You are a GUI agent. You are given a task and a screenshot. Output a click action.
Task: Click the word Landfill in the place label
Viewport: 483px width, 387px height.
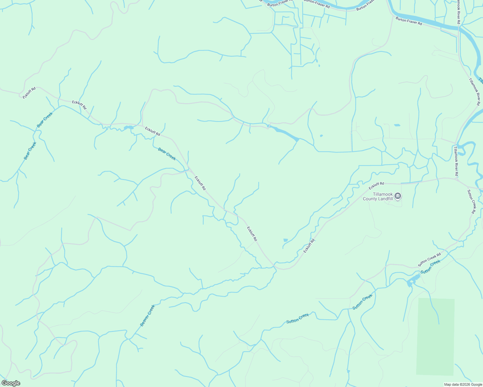tap(384, 199)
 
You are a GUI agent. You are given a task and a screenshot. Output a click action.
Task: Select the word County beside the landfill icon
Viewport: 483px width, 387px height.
tap(370, 199)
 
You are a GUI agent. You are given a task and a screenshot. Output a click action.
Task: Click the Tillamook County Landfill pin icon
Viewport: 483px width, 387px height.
tap(398, 196)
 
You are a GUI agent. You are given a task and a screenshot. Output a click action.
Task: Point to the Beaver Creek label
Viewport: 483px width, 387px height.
tap(147, 315)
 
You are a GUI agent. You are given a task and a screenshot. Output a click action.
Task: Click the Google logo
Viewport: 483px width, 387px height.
tap(11, 383)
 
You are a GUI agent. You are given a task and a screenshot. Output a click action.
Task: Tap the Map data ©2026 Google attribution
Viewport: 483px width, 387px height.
tap(463, 384)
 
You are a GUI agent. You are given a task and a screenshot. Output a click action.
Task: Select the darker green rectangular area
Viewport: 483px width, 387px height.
tap(436, 337)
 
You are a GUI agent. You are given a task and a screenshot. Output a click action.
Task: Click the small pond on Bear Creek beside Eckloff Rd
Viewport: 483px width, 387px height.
tap(128, 128)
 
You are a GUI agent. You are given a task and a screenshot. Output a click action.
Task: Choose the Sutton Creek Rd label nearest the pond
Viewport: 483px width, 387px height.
tap(429, 260)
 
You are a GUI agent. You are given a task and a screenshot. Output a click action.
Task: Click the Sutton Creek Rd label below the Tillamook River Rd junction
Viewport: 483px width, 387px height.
tap(471, 202)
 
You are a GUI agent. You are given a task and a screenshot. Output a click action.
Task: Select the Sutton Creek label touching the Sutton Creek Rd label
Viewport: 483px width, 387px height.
tap(431, 267)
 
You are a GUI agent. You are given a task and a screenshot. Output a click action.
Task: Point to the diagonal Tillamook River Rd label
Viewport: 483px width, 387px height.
tap(475, 92)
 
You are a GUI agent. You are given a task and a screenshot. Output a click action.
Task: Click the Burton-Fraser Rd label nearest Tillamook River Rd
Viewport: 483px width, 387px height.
tap(409, 21)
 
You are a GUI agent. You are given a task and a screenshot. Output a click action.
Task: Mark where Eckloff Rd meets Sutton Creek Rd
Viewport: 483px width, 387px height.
tap(456, 179)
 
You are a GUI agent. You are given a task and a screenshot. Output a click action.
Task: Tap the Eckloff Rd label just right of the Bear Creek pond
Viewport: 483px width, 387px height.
tap(152, 131)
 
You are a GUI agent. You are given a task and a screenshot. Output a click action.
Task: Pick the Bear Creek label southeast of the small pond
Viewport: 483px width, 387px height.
tap(167, 154)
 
